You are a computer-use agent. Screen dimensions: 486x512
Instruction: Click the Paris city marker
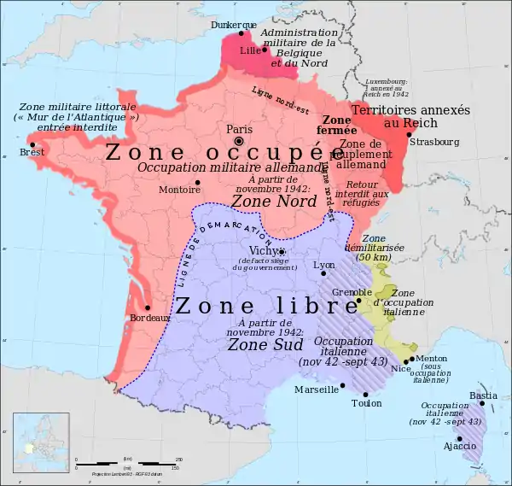click(240, 141)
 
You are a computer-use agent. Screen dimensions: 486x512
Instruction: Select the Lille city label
click(250, 50)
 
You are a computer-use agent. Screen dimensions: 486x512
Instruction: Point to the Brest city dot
click(33, 144)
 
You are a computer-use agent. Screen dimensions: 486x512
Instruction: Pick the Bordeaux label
click(149, 318)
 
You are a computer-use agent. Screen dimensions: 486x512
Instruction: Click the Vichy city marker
click(282, 251)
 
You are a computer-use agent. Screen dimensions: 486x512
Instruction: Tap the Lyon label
click(324, 265)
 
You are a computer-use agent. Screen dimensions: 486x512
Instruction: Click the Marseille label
click(316, 389)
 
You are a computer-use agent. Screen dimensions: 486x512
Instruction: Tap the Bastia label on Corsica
click(483, 395)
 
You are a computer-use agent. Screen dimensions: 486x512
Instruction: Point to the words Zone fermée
click(337, 125)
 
